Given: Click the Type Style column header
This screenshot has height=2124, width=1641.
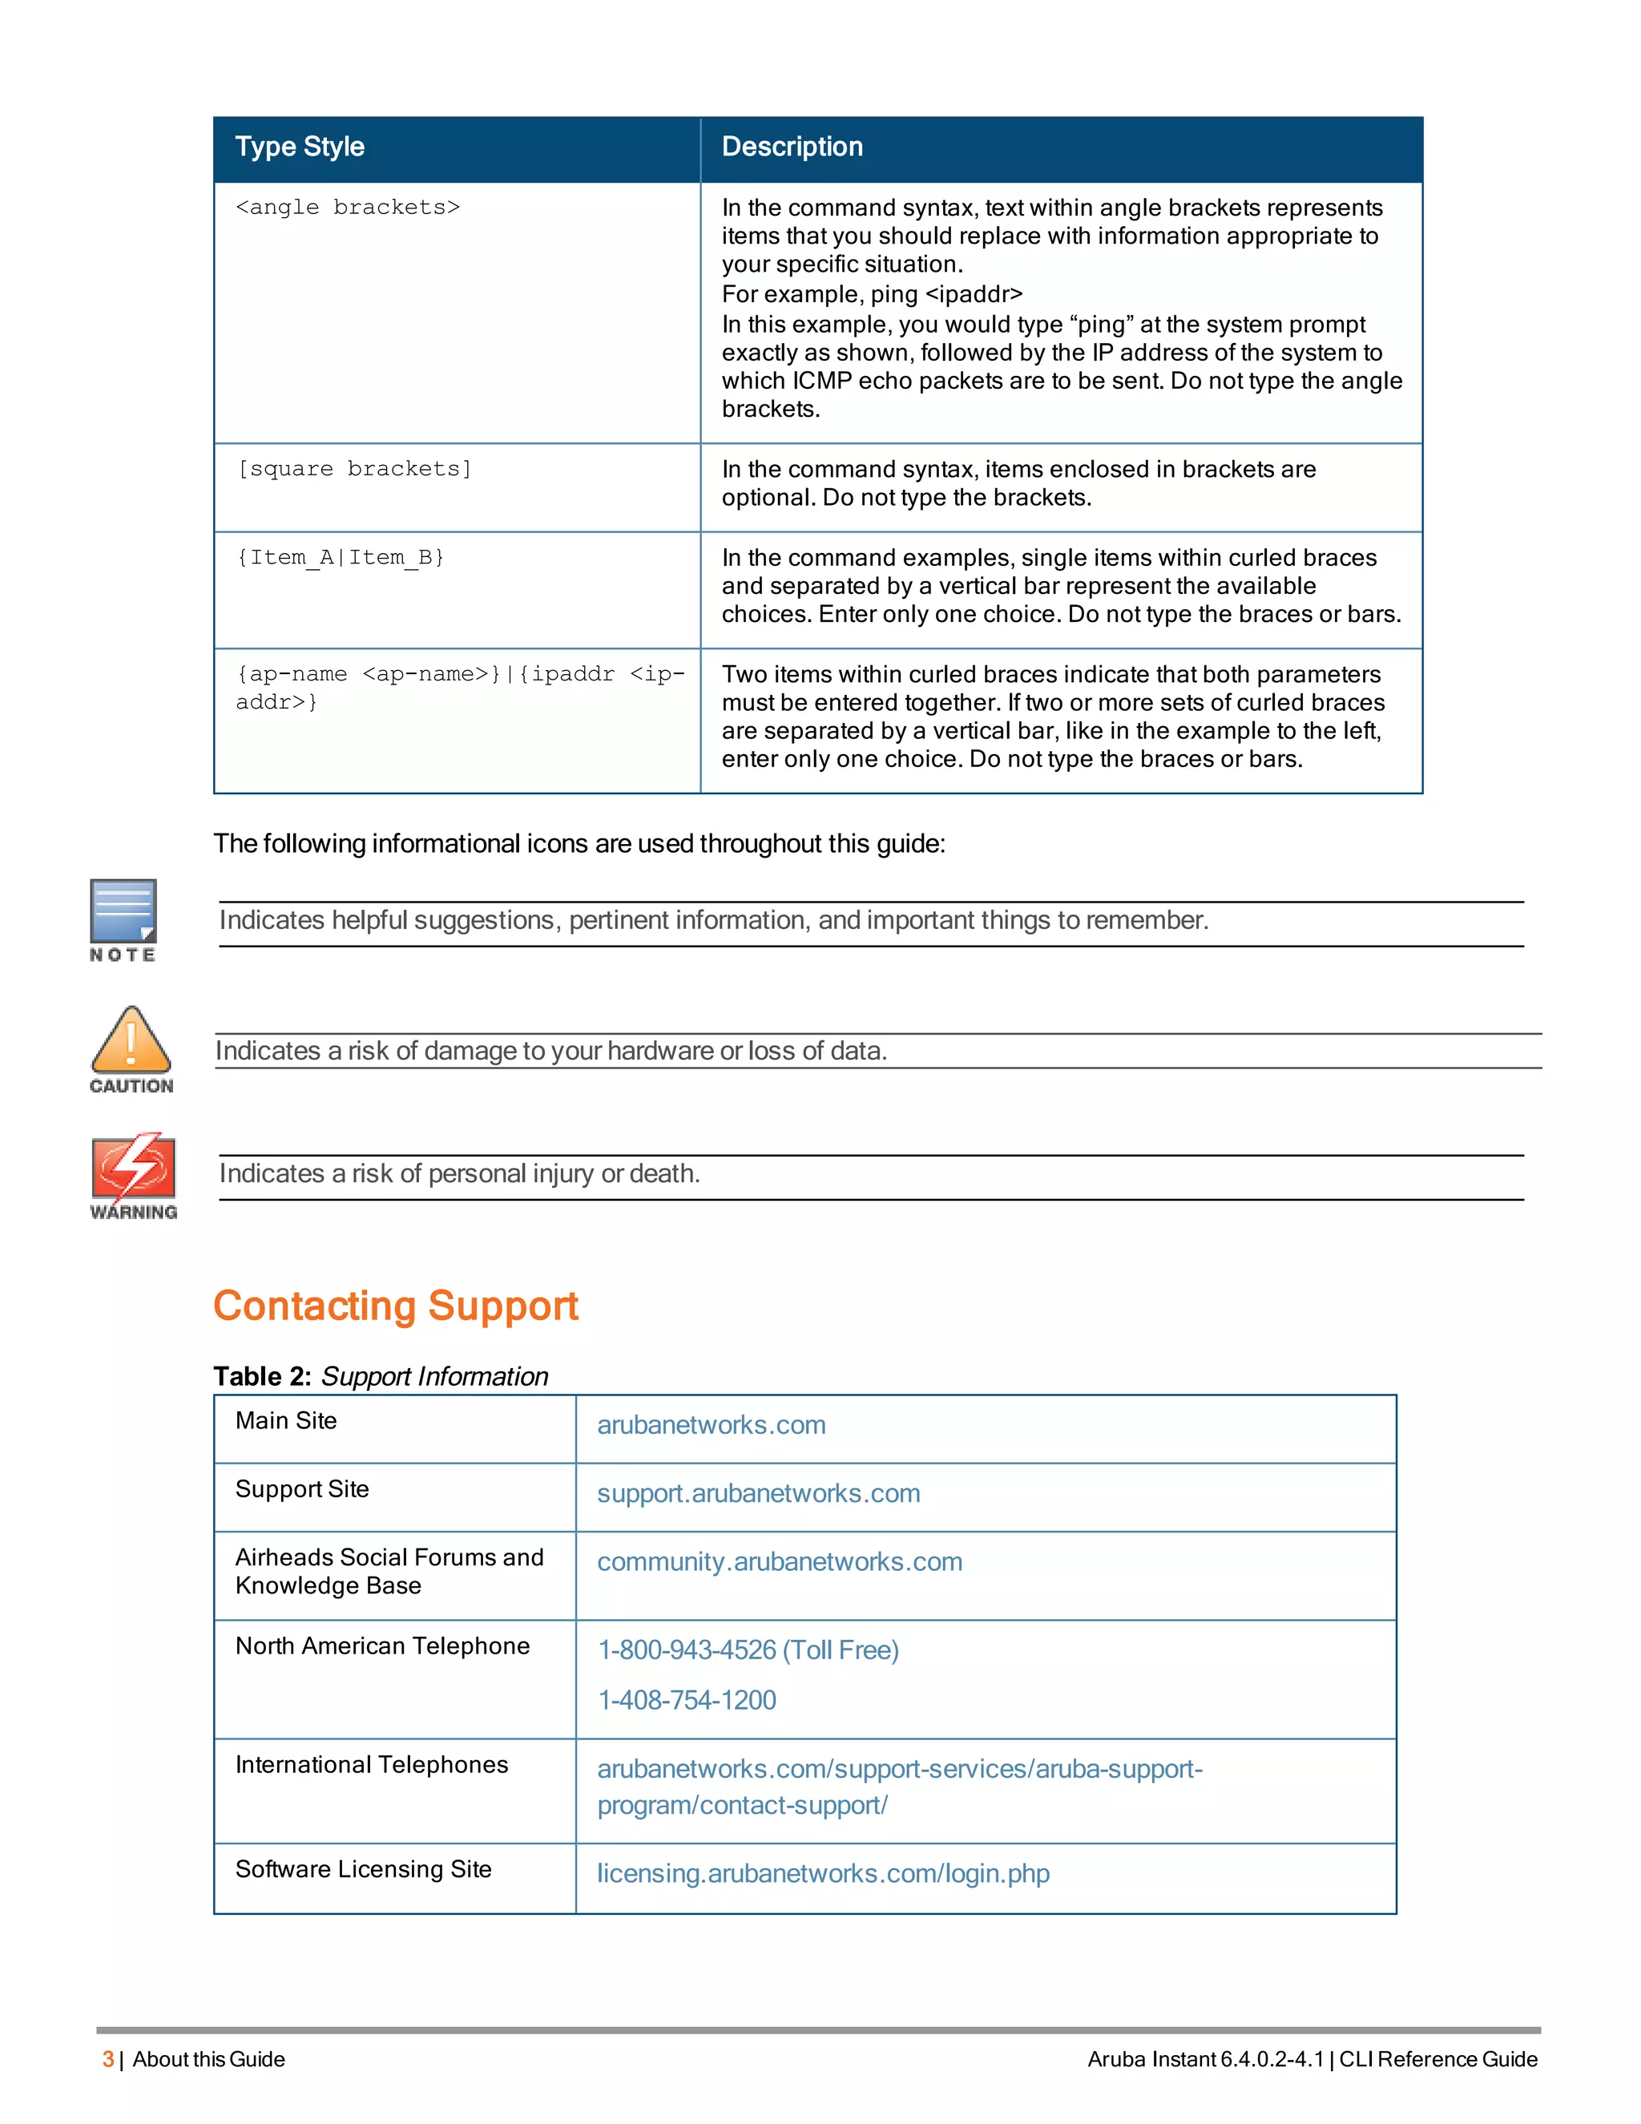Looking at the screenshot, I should coord(300,147).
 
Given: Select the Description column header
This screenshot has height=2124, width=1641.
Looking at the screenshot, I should coord(792,147).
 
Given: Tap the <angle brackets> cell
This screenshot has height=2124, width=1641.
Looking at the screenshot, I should coord(347,207).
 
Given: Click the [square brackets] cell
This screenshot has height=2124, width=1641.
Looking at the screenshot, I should coord(354,469).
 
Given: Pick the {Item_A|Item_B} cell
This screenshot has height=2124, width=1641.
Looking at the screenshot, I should coord(341,557).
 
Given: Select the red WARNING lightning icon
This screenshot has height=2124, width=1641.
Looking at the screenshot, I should coord(133,1166).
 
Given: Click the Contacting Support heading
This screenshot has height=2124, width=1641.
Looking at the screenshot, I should coord(396,1305).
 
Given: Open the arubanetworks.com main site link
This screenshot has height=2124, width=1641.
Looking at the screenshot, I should coord(711,1425).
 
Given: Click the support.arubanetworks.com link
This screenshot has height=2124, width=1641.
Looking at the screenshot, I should coord(758,1493).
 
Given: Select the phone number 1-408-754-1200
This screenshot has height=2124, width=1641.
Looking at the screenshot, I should coord(687,1700).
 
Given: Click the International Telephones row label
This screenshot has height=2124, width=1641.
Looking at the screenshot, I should coord(371,1764).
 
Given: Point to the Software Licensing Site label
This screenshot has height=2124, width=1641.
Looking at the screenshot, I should coord(363,1869).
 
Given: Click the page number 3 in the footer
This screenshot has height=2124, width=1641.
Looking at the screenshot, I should coord(108,2059).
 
